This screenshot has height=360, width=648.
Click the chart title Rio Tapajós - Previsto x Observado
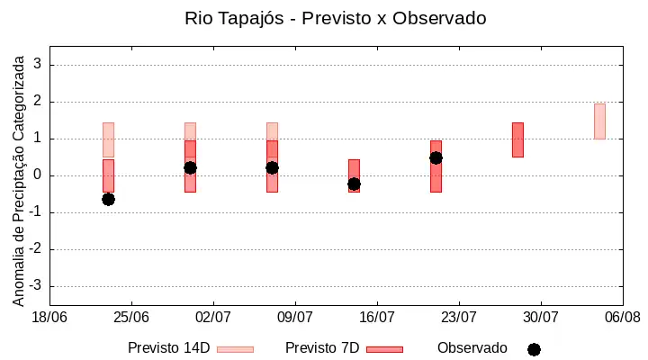click(x=335, y=19)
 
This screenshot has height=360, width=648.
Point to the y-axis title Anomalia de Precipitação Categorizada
click(x=18, y=181)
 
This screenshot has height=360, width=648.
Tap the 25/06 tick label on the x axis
click(x=131, y=318)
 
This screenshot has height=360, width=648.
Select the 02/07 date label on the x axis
click(x=213, y=318)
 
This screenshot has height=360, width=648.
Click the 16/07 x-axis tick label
click(x=377, y=318)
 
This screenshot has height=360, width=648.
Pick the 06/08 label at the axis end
click(x=623, y=318)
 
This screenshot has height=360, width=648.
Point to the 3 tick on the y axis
click(x=38, y=64)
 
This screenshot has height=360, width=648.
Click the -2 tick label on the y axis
click(x=35, y=248)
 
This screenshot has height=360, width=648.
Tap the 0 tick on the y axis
click(x=38, y=175)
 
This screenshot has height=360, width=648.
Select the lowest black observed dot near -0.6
click(x=108, y=200)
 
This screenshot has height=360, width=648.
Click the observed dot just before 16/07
click(x=354, y=184)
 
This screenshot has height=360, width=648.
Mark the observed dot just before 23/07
click(x=436, y=157)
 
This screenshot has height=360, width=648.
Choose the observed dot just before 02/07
click(x=190, y=167)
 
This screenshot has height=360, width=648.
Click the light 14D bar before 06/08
click(x=599, y=121)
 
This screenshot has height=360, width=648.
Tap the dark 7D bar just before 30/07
click(x=517, y=139)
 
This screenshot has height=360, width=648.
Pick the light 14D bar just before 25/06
click(x=108, y=139)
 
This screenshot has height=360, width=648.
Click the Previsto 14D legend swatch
click(x=235, y=349)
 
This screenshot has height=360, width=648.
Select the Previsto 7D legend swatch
click(x=384, y=349)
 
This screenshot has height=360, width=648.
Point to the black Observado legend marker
click(x=534, y=350)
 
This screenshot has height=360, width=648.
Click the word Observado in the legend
click(x=472, y=348)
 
